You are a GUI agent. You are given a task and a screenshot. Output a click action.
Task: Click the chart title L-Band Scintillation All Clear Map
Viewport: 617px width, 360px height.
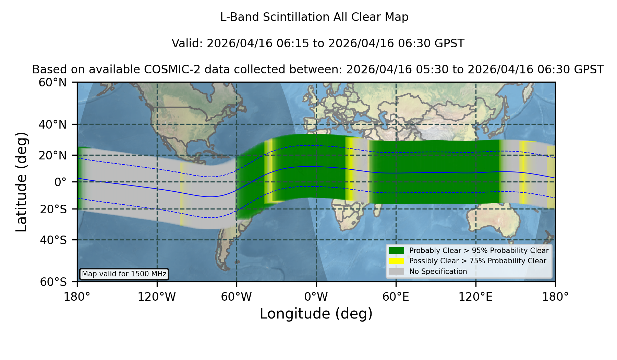[314, 17]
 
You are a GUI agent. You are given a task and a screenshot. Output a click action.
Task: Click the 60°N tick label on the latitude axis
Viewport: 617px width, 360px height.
[52, 83]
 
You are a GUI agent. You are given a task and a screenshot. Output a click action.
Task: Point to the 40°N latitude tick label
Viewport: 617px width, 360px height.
[52, 124]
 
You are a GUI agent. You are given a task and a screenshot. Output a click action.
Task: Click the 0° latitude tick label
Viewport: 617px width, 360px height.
[60, 182]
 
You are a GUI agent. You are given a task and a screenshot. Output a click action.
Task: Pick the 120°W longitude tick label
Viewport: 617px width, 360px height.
[157, 297]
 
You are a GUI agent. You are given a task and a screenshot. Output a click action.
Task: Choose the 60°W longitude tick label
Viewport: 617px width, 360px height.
[237, 297]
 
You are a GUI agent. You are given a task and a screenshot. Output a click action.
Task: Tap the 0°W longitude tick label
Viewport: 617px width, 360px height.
[316, 297]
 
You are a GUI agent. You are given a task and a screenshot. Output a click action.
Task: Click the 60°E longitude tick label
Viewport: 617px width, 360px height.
[396, 297]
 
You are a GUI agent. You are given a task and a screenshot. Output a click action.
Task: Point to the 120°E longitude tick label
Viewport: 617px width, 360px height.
[476, 297]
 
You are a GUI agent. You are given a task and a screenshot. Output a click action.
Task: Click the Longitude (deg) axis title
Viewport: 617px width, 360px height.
[316, 314]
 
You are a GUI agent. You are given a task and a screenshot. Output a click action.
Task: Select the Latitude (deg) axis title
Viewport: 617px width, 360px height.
[21, 182]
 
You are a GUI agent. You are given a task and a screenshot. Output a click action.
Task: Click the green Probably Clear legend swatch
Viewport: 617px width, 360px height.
[397, 251]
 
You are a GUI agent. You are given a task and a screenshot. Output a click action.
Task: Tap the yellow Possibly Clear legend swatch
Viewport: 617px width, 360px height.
[397, 261]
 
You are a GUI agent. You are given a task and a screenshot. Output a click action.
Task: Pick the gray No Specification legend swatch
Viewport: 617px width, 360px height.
[397, 272]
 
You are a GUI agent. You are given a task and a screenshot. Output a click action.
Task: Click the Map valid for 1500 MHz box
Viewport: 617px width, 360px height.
[124, 274]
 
